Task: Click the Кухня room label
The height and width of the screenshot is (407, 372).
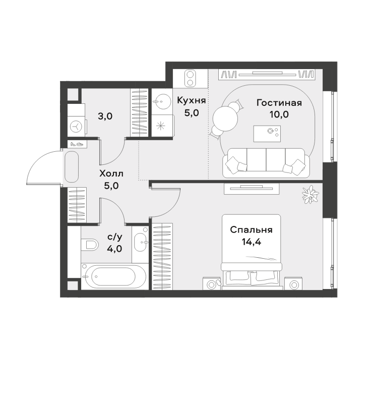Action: click(x=191, y=100)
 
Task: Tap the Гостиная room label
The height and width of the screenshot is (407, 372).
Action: click(x=279, y=103)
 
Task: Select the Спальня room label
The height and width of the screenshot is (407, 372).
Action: click(x=251, y=229)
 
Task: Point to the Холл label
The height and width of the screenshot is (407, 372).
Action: click(x=111, y=173)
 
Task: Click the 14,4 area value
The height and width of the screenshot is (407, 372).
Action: click(x=251, y=242)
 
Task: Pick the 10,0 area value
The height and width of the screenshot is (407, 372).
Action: click(x=279, y=114)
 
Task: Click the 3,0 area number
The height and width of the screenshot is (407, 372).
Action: click(x=105, y=117)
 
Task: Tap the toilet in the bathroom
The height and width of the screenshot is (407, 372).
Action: click(x=89, y=245)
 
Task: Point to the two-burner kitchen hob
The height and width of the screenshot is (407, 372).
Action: click(x=190, y=78)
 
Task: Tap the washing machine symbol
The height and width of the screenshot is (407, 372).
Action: click(x=76, y=127)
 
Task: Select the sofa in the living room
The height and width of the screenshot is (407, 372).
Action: click(x=267, y=163)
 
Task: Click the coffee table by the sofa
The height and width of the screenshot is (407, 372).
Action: click(x=267, y=134)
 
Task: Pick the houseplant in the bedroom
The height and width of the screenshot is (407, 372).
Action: click(x=309, y=194)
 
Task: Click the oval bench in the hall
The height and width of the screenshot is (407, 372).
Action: click(x=72, y=167)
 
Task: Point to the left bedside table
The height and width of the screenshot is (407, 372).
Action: click(x=212, y=283)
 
